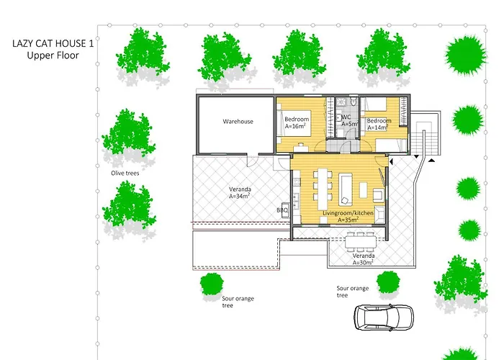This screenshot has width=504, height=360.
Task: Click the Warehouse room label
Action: click(238, 122)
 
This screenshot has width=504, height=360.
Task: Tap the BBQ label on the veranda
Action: click(282, 210)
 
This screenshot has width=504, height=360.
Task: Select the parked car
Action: click(384, 318)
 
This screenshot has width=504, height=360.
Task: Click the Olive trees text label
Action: click(125, 174)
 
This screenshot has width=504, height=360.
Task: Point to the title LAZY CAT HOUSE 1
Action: click(53, 43)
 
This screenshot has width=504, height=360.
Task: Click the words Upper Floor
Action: click(53, 55)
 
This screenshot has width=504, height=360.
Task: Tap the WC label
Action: click(346, 117)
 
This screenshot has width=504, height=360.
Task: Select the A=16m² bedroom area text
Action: click(295, 126)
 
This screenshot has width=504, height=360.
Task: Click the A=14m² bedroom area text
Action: click(377, 127)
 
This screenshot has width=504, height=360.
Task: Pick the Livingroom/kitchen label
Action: click(348, 213)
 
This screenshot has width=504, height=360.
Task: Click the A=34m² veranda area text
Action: click(240, 196)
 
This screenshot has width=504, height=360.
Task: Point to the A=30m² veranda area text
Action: click(363, 263)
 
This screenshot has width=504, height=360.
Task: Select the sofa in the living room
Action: click(346, 189)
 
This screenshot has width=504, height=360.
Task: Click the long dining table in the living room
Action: click(323, 188)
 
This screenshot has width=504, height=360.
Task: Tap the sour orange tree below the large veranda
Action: click(212, 284)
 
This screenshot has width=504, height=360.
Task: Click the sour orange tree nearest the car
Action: click(388, 282)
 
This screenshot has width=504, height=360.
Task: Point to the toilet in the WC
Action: click(354, 102)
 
